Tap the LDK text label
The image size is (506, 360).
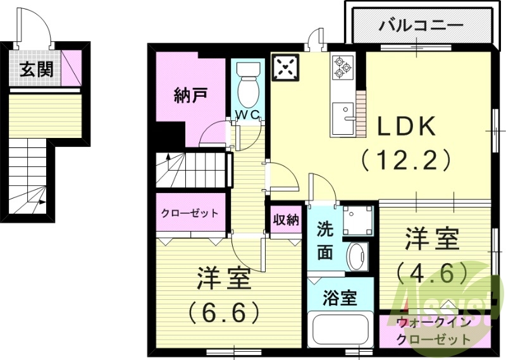click(x=407, y=127)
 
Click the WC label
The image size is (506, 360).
click(x=247, y=115)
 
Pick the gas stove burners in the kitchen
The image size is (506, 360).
click(x=343, y=67)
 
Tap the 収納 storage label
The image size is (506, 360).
click(x=285, y=220)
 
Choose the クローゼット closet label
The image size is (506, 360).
click(x=190, y=213)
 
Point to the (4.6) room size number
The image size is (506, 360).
click(x=433, y=273)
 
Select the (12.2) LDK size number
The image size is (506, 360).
click(x=406, y=158)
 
